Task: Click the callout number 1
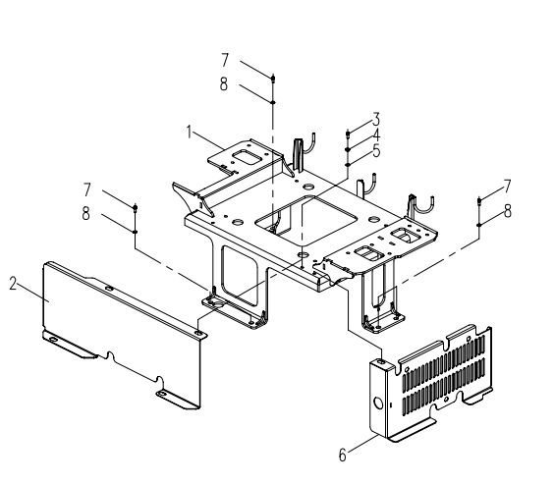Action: (x=190, y=132)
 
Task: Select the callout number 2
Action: (x=13, y=284)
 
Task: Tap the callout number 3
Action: (x=376, y=120)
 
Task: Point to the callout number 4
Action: (x=376, y=135)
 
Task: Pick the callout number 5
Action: (x=376, y=151)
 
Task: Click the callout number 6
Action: (x=343, y=456)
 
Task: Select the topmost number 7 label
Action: (x=225, y=60)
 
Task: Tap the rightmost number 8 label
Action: (x=508, y=211)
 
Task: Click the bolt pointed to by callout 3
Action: (x=348, y=134)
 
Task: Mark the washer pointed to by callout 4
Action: (x=348, y=150)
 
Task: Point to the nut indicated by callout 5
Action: (x=348, y=165)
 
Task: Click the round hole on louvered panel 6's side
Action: (x=378, y=403)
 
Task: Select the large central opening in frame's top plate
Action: (x=305, y=220)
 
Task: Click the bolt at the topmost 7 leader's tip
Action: (x=273, y=78)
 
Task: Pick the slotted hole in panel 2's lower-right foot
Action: (x=161, y=394)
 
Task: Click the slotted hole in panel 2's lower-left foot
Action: (x=53, y=340)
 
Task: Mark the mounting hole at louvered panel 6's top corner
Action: (x=381, y=362)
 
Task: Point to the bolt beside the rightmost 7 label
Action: (x=479, y=201)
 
